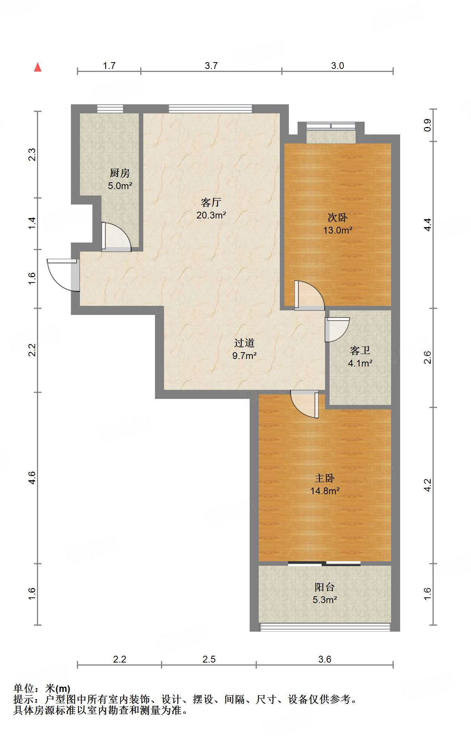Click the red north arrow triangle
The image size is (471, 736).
click(38, 67)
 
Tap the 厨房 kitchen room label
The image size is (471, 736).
click(120, 173)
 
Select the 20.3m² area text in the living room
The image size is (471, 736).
click(211, 215)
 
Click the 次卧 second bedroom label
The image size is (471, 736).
click(338, 217)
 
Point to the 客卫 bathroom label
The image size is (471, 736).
click(360, 351)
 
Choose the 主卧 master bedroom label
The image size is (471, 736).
click(325, 478)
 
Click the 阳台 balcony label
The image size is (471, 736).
click(325, 587)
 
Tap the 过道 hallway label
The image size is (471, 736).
click(244, 343)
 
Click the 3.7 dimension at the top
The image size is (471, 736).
click(211, 66)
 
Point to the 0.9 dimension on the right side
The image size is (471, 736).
click(427, 125)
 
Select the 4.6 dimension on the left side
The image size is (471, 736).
click(32, 478)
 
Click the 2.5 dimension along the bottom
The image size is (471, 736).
click(209, 659)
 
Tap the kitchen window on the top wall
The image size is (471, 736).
click(110, 108)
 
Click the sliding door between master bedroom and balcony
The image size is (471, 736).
click(324, 563)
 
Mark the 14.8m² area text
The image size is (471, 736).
click(325, 491)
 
